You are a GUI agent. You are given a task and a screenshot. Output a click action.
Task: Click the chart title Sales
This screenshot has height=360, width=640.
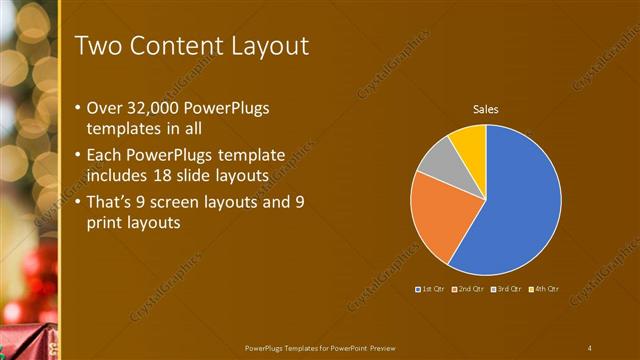coord(485,109)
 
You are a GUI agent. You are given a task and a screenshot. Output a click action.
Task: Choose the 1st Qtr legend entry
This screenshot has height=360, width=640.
coord(431,289)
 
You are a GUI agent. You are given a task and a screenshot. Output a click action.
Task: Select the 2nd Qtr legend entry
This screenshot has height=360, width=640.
coord(468,289)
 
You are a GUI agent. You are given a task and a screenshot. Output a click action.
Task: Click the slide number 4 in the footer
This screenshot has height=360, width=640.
coord(590,347)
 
